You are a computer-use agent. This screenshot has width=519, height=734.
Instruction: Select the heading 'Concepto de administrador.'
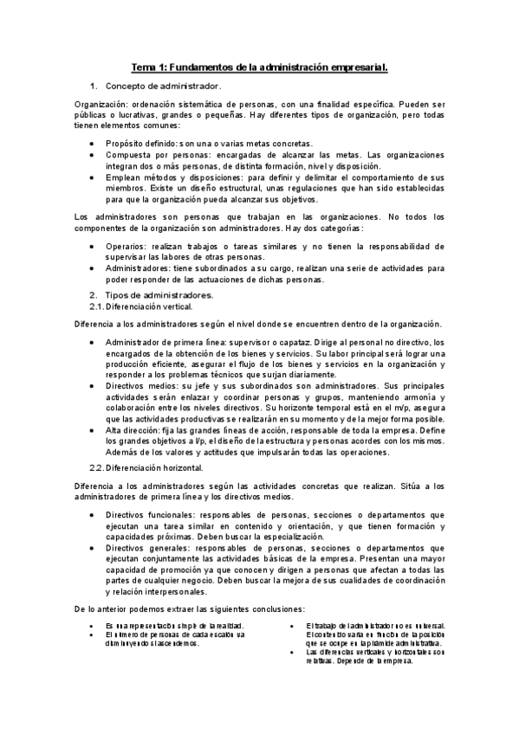pyautogui.click(x=164, y=87)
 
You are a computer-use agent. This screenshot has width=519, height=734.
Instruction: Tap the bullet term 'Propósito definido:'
pyautogui.click(x=140, y=143)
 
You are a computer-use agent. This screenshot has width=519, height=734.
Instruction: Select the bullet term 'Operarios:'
pyautogui.click(x=127, y=246)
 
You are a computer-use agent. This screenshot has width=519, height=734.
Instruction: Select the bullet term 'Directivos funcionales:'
pyautogui.click(x=150, y=515)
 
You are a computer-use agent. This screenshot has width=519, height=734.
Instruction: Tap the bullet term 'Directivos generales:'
pyautogui.click(x=147, y=548)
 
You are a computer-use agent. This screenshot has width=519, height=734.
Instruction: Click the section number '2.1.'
pyautogui.click(x=96, y=306)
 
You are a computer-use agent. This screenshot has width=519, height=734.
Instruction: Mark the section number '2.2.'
pyautogui.click(x=96, y=468)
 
